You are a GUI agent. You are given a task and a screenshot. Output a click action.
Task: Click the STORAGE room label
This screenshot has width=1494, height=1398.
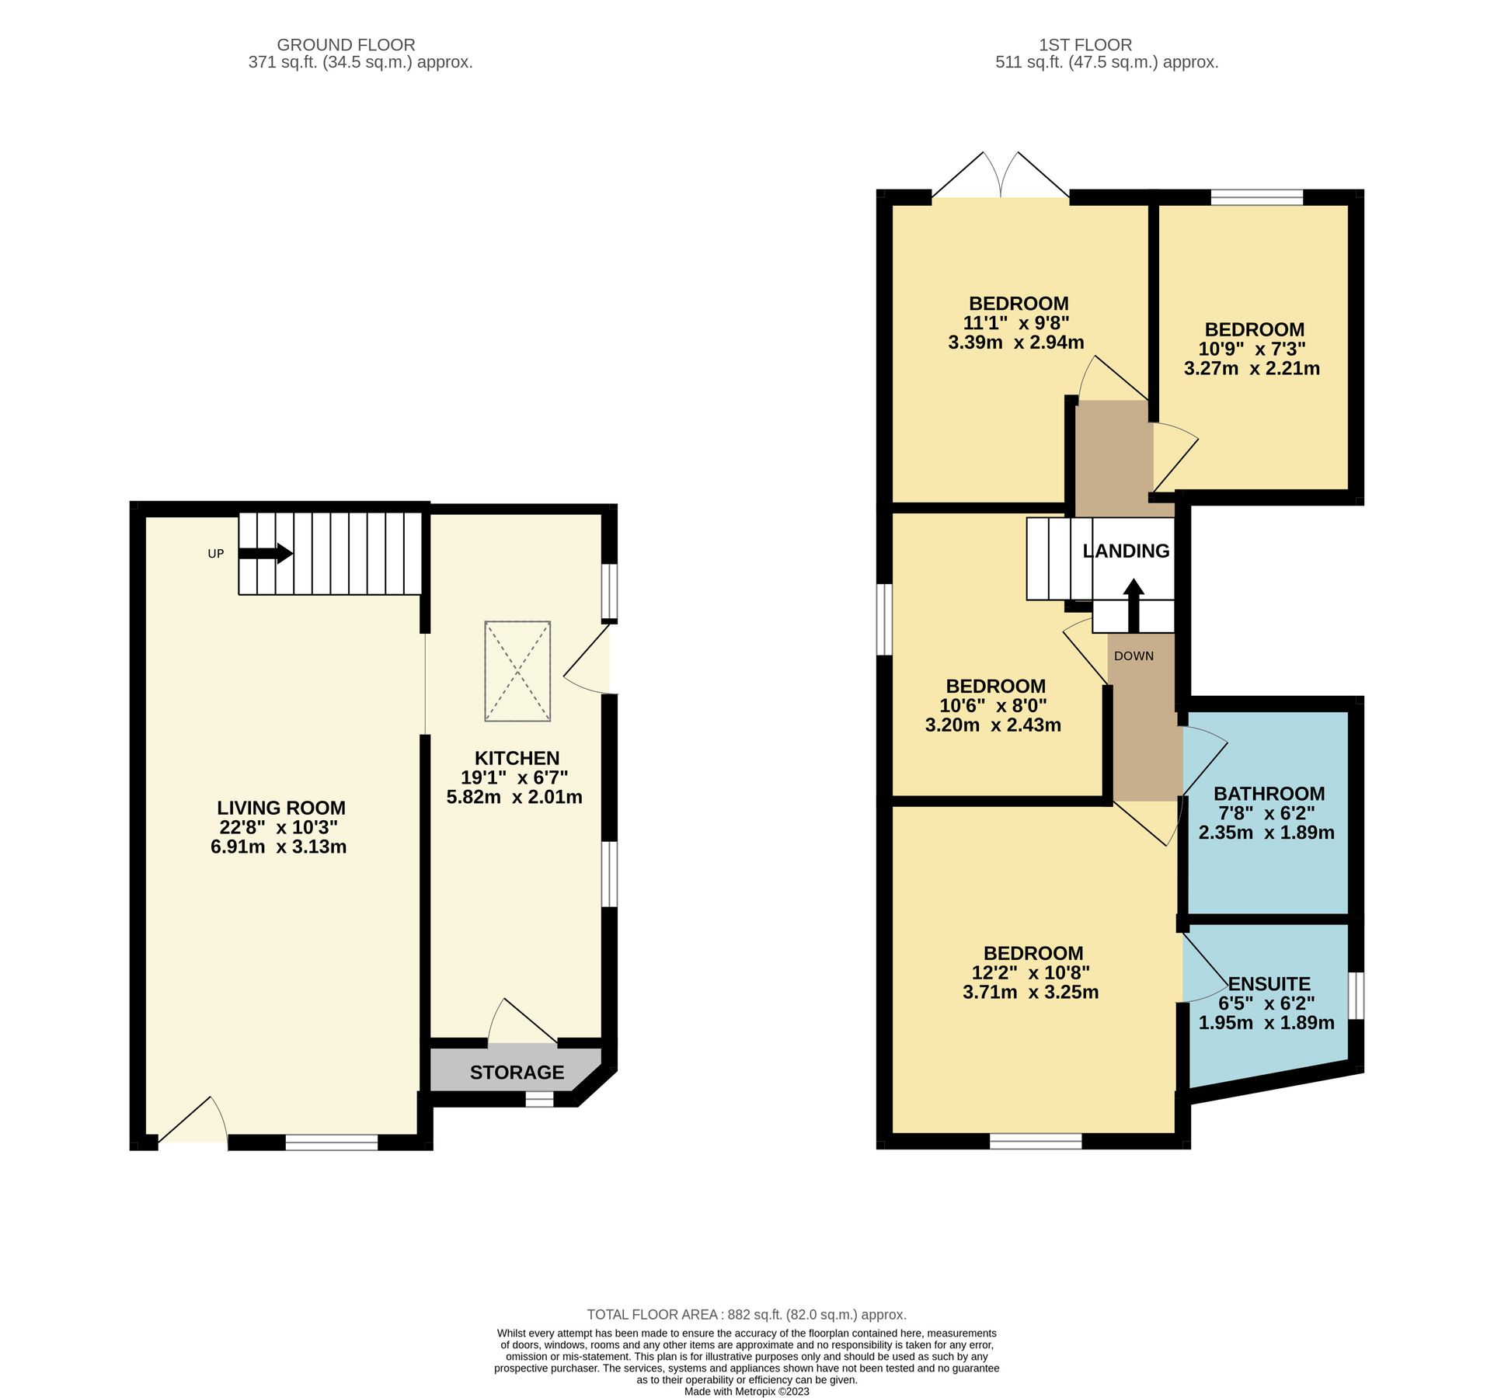(517, 1072)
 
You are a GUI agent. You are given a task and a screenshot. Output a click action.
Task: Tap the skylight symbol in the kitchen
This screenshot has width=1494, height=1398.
(517, 671)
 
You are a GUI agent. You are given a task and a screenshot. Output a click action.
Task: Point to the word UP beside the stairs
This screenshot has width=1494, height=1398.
(215, 554)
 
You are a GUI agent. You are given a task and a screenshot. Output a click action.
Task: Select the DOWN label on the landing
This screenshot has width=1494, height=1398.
(1134, 656)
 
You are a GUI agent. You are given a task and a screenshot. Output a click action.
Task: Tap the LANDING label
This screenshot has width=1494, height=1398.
(1126, 551)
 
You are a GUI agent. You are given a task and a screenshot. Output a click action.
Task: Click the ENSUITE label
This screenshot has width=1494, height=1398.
(1269, 983)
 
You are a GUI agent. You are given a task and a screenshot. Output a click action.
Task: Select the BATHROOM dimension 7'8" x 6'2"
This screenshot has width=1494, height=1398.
(1269, 813)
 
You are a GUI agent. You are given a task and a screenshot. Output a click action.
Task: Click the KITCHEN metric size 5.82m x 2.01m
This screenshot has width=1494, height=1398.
(514, 797)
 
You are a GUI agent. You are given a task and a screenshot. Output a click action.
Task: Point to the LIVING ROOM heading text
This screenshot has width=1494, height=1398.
(280, 808)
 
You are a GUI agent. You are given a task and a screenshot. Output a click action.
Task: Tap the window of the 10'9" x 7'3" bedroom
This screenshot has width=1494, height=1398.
(1256, 198)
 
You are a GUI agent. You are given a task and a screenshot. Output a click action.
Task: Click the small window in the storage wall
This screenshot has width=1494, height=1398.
(539, 1099)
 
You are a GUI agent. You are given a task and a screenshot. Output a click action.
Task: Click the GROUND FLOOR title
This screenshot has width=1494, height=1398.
(346, 45)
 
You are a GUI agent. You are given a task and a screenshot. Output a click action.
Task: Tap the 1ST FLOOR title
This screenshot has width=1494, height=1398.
(1106, 45)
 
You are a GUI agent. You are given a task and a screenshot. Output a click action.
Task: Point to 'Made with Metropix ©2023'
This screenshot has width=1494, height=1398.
(747, 1392)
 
